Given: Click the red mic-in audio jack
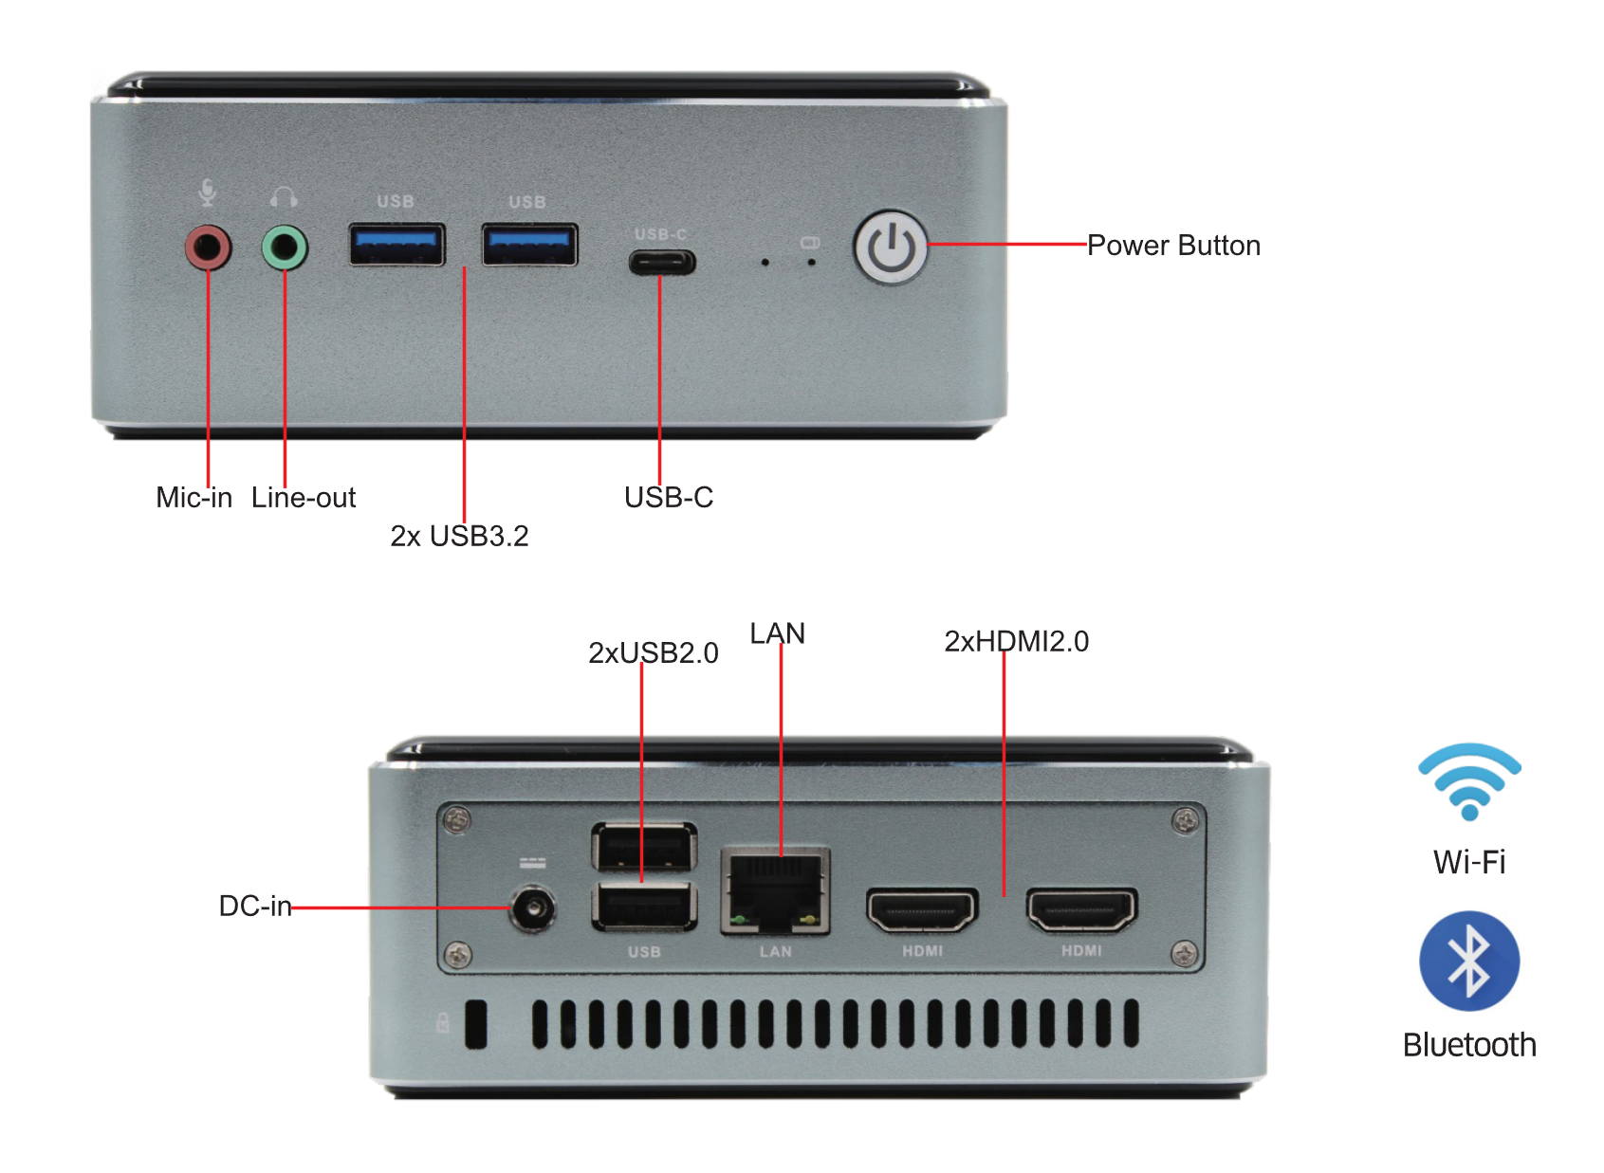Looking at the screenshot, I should [208, 248].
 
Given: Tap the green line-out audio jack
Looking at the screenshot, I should [285, 248].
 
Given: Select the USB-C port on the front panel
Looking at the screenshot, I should [662, 262].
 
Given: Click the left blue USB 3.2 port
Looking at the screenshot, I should [396, 245].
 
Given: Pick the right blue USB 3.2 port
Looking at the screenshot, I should [529, 245].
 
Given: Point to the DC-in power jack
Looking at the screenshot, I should [532, 909].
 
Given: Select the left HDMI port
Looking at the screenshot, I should [921, 910].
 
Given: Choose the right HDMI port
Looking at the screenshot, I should [1081, 910].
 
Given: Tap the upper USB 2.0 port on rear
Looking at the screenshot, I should [644, 847].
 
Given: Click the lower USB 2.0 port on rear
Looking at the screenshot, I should [644, 907].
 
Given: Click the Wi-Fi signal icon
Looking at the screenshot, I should [1469, 781].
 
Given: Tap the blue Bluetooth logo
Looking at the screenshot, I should [1469, 961].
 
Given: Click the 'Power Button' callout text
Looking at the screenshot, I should [1173, 246].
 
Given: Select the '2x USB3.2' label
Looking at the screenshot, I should [459, 536].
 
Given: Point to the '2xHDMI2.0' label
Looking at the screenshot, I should [1016, 641].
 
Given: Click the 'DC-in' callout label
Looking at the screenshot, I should [254, 906].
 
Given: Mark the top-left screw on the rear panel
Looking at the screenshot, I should [458, 819].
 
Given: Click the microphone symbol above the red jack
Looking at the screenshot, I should [208, 193].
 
